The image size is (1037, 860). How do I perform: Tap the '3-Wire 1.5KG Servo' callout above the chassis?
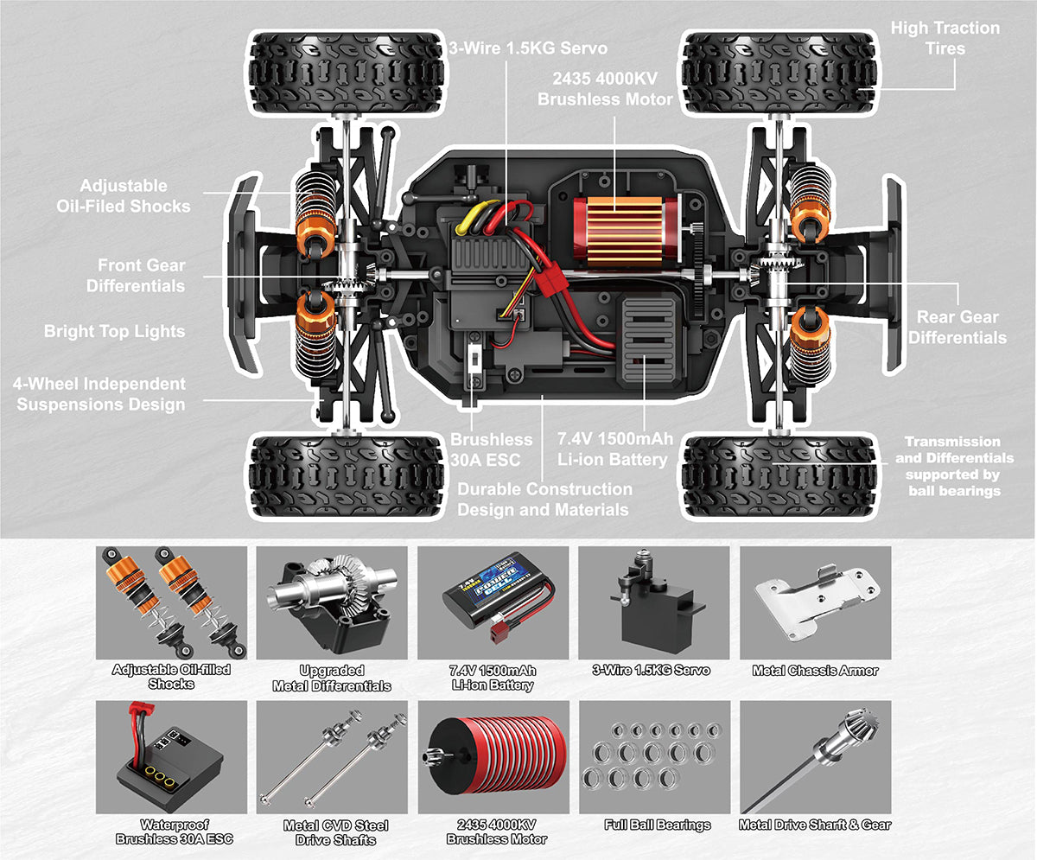(x=528, y=48)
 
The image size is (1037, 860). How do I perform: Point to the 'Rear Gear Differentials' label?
(x=957, y=328)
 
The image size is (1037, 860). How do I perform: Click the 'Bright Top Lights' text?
(x=114, y=331)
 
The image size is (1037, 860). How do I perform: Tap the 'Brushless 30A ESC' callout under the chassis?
(x=491, y=449)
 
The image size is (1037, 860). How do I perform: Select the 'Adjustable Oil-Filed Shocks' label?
(x=124, y=195)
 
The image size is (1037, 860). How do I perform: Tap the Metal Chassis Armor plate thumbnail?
(x=815, y=602)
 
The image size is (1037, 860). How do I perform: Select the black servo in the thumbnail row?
(x=652, y=602)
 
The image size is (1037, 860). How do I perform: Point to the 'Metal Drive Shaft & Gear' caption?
(x=815, y=825)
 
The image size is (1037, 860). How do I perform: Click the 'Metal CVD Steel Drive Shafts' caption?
(x=335, y=831)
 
